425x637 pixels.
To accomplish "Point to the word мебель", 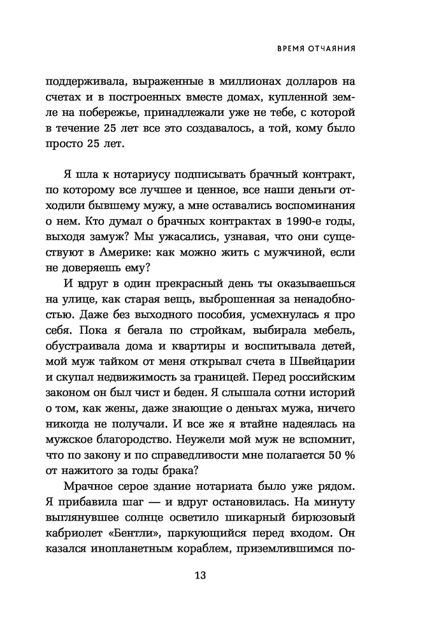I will [332, 329].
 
